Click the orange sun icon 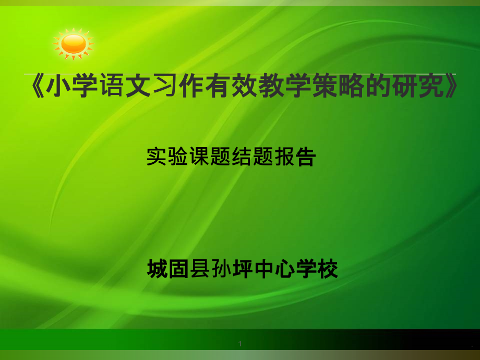point(74,43)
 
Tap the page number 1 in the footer point(240,344)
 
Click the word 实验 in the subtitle point(167,157)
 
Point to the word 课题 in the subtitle point(209,157)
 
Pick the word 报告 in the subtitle point(295,157)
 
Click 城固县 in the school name point(178,269)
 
